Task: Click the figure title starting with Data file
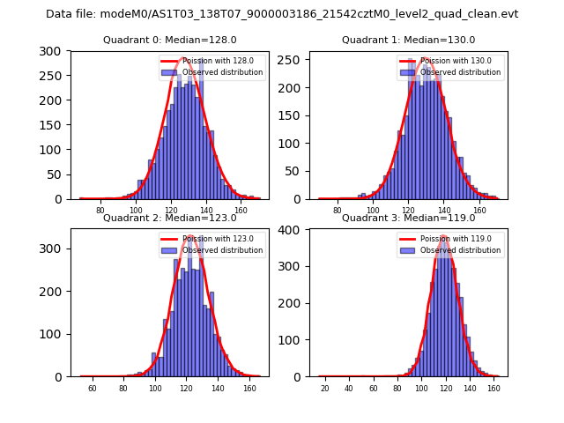click(282, 14)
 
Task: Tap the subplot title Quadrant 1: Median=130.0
click(408, 40)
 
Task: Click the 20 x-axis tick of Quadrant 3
click(325, 389)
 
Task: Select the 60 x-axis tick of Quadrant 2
click(93, 389)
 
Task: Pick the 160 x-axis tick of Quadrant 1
click(479, 211)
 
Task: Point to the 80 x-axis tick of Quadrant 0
click(100, 211)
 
